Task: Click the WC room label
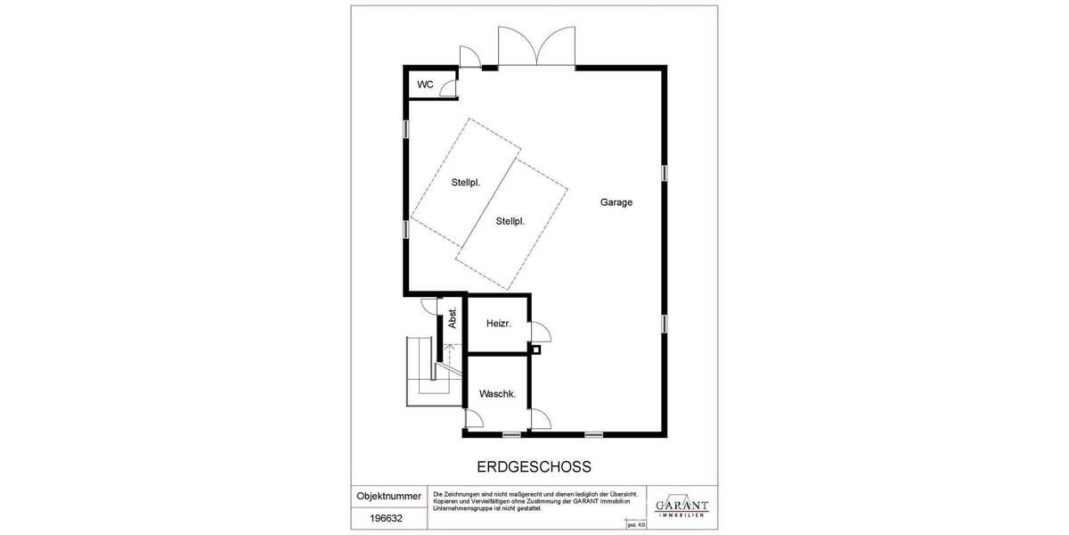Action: point(425,85)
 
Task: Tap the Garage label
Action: point(616,202)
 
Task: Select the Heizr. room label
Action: point(497,324)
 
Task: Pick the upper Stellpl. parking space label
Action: point(466,182)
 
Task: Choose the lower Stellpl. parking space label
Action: point(510,221)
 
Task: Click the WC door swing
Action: point(448,87)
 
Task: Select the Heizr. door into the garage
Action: point(540,333)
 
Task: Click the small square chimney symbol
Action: point(535,350)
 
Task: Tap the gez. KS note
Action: point(636,525)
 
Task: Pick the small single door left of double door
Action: point(469,56)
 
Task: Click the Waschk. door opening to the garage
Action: point(540,420)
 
